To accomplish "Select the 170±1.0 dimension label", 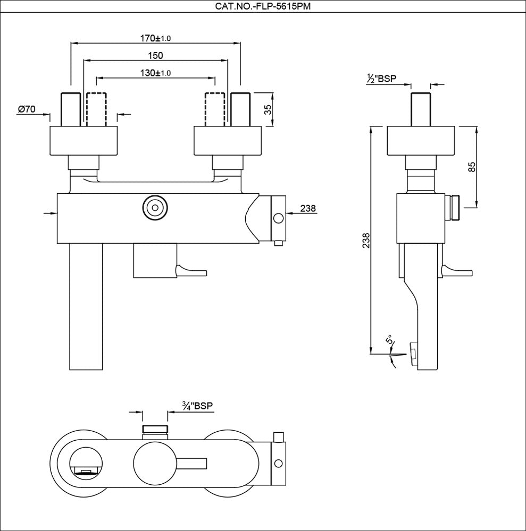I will tap(155, 38).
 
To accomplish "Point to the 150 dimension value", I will tap(155, 56).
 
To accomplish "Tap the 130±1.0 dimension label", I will tap(155, 73).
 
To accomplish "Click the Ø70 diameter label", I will tap(27, 109).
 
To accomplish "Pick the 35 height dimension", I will tap(268, 110).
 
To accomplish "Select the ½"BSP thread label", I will tap(381, 79).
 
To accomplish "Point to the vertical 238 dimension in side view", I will tap(365, 240).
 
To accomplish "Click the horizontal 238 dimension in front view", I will tap(308, 209).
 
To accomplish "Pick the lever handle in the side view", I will tap(458, 271).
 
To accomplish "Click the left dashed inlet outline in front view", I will tap(96, 109).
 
